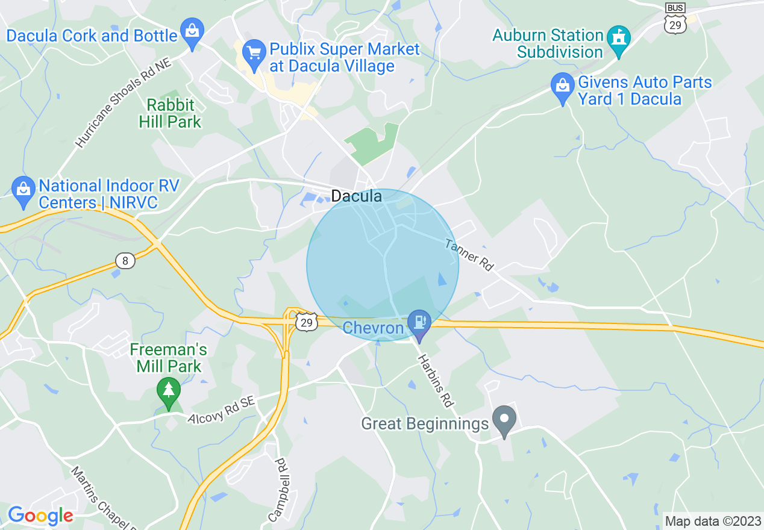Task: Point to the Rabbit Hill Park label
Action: pyautogui.click(x=170, y=113)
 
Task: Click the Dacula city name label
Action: pyautogui.click(x=356, y=196)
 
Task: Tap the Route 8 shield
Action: pyautogui.click(x=125, y=260)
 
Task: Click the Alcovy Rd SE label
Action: pyautogui.click(x=222, y=409)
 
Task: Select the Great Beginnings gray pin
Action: pyautogui.click(x=504, y=420)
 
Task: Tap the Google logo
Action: pyautogui.click(x=40, y=516)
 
